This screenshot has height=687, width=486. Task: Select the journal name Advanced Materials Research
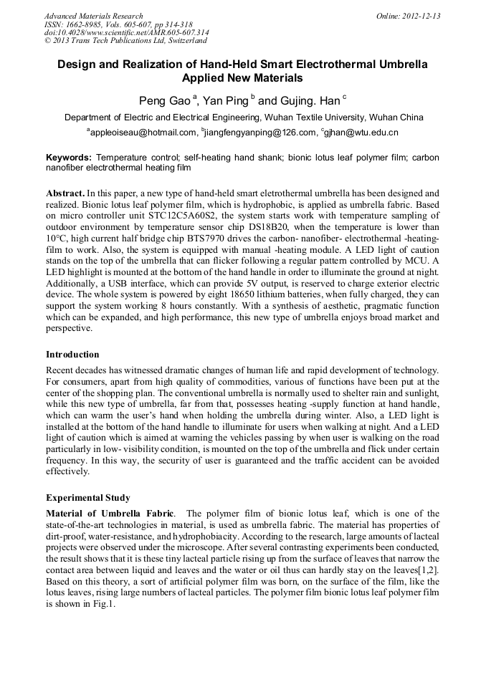point(93,16)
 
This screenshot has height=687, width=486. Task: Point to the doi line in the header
point(126,32)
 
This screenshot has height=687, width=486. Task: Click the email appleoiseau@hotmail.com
point(143,133)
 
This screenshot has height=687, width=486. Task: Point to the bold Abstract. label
point(65,193)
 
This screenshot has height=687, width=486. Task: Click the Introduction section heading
point(72,354)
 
